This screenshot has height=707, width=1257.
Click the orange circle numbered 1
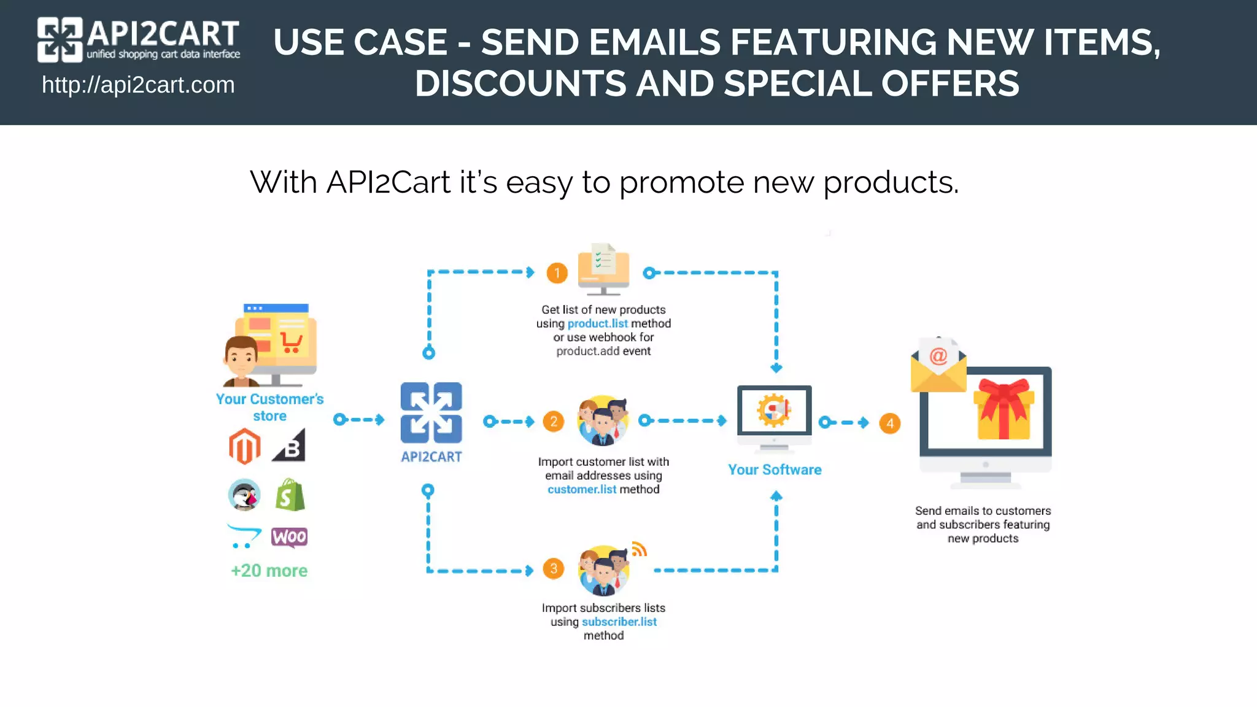[x=557, y=273]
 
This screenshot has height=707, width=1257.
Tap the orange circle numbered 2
[x=554, y=422]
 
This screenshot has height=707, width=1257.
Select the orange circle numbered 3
[x=554, y=569]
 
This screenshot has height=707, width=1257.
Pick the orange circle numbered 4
[x=890, y=423]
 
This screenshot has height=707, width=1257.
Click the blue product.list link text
[x=597, y=323]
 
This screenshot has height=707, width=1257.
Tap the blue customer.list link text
[x=582, y=489]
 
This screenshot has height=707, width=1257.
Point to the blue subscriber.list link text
[x=619, y=622]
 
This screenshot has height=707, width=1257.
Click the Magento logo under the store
[x=245, y=446]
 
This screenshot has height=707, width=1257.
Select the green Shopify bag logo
[x=290, y=495]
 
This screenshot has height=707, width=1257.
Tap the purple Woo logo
[x=289, y=537]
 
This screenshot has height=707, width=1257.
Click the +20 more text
[x=269, y=571]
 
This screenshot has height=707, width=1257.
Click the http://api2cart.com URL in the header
[x=138, y=85]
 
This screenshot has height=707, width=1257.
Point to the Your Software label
[x=775, y=469]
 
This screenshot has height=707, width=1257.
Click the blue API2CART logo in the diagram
[x=431, y=413]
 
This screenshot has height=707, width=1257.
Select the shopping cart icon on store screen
[x=291, y=342]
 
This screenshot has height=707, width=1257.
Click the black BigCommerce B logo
[x=290, y=446]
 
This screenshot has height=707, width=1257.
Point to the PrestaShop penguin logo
[x=244, y=495]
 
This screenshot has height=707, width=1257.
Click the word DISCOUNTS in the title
[x=520, y=83]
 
